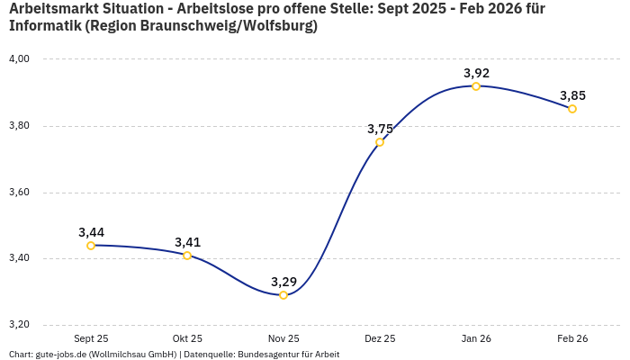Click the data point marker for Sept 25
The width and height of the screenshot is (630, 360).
pos(91,246)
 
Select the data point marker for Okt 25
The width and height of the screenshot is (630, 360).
pos(187,256)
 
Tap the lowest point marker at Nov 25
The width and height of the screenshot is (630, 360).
pos(283,295)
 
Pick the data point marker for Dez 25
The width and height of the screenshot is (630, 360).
pos(380,142)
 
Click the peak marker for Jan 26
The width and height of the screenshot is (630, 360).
pos(476,86)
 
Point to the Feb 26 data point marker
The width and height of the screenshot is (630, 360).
pos(572,109)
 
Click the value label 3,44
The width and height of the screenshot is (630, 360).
pos(91,232)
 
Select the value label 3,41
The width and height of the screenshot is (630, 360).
pos(187,242)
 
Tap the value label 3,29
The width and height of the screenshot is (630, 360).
pos(283,282)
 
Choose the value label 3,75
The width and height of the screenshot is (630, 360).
pos(380,129)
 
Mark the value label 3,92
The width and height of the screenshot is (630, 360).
pos(476,73)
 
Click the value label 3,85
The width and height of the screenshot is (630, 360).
pos(572,95)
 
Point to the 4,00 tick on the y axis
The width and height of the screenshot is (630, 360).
pos(19,59)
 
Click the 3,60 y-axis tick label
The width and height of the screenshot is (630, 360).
pos(19,193)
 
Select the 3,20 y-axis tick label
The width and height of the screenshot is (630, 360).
pos(19,325)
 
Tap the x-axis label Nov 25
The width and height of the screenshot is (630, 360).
pos(283,339)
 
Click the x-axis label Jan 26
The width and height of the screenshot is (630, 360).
pos(476,339)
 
